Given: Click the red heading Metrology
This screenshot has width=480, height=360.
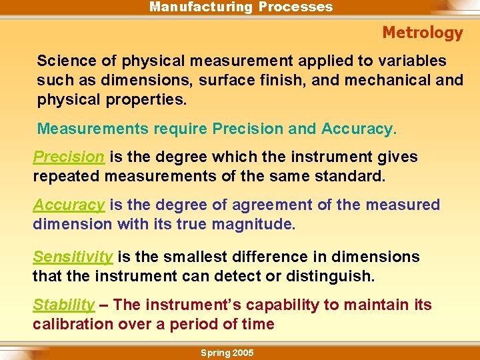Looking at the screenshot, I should tap(422, 33).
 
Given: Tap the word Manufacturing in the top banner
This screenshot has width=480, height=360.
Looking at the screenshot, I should tap(200, 7).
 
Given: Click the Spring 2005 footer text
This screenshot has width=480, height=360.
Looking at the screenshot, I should tap(227, 353).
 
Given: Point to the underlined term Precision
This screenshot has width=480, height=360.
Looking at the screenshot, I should tap(69, 157).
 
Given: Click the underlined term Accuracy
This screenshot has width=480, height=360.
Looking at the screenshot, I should tap(69, 205).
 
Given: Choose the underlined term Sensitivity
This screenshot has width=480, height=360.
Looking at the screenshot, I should tap(73, 257).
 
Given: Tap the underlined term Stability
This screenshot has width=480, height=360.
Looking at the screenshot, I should tap(64, 305).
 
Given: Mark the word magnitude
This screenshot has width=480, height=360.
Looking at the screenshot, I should tap(253, 225).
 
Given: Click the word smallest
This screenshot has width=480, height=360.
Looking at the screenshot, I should tap(198, 257).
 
